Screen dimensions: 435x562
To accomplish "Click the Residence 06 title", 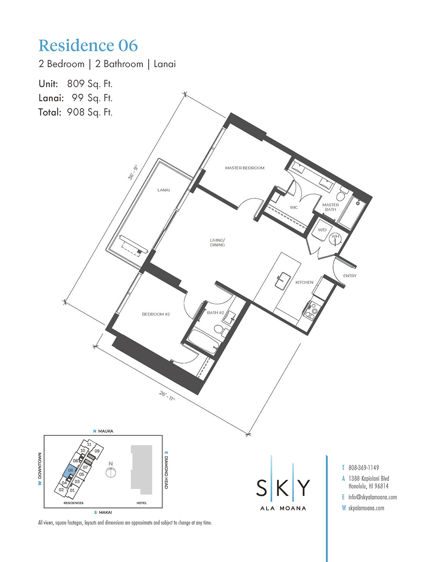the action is [x=88, y=46].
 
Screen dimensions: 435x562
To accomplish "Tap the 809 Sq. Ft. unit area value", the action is [x=90, y=84].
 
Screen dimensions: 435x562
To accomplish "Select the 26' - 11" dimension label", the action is [x=167, y=395].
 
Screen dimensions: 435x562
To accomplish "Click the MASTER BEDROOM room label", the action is [x=245, y=168].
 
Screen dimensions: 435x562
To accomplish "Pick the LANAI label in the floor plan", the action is [x=163, y=190].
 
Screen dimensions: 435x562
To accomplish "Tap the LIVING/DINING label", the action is [x=217, y=243].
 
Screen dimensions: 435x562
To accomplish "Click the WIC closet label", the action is [x=293, y=208].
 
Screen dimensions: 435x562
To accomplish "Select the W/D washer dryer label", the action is [x=322, y=230].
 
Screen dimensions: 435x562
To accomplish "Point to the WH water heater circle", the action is [x=335, y=238].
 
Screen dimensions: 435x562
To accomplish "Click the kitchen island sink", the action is [x=283, y=280].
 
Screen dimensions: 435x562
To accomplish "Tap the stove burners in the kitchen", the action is [x=311, y=311].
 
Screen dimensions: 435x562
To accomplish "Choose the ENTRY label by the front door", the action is [x=350, y=276].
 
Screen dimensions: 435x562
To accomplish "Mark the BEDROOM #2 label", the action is [x=156, y=314].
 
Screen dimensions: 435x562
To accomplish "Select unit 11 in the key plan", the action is [x=89, y=444].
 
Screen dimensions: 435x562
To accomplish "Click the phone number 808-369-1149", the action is [x=363, y=468].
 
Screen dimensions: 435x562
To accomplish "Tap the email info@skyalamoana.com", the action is [x=373, y=497].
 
